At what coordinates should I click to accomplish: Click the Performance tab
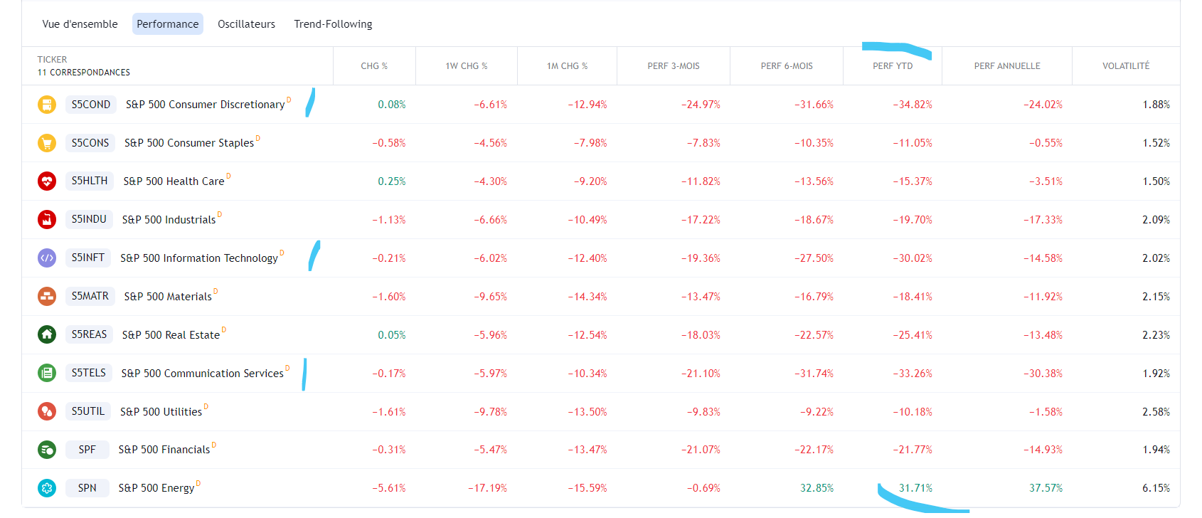168,24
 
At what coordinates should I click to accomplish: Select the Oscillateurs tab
246,24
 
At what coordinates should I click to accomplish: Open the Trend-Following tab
333,24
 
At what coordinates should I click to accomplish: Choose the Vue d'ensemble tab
80,24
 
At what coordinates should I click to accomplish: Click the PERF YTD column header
893,66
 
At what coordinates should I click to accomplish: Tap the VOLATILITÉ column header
1125,66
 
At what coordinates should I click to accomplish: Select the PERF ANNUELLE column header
1006,66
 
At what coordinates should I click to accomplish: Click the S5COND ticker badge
91,105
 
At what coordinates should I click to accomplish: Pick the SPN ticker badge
87,488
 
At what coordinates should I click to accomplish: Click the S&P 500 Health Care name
174,181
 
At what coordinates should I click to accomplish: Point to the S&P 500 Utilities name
161,412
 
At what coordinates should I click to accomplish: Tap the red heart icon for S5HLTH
47,181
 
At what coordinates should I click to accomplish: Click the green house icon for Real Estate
47,334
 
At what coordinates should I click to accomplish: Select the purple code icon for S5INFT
47,258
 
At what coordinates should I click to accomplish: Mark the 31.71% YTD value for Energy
915,488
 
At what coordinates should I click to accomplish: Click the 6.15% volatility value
1156,488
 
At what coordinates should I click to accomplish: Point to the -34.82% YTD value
913,105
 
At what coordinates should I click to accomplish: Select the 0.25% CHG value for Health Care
392,181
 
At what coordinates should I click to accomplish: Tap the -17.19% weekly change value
487,488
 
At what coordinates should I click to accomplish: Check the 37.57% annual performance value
1046,488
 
